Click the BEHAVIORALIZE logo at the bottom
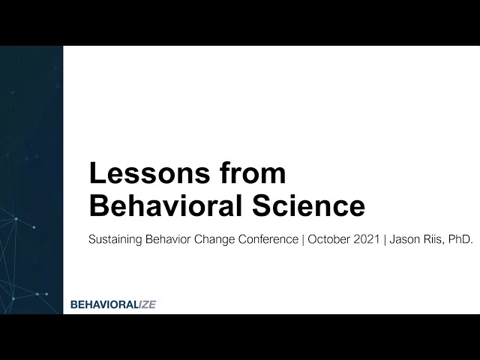click(112, 304)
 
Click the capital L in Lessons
click(96, 174)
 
